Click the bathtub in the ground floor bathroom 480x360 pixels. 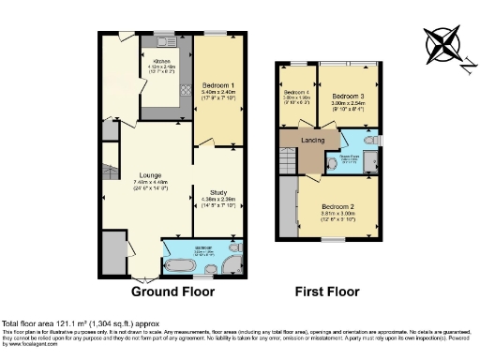pyautogui.click(x=179, y=263)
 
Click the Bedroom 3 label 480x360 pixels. pyautogui.click(x=348, y=97)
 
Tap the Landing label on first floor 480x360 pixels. pyautogui.click(x=313, y=141)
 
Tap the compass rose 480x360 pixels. pyautogui.click(x=443, y=43)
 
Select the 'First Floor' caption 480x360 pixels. pyautogui.click(x=328, y=292)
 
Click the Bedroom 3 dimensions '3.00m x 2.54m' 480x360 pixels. pyautogui.click(x=348, y=105)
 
